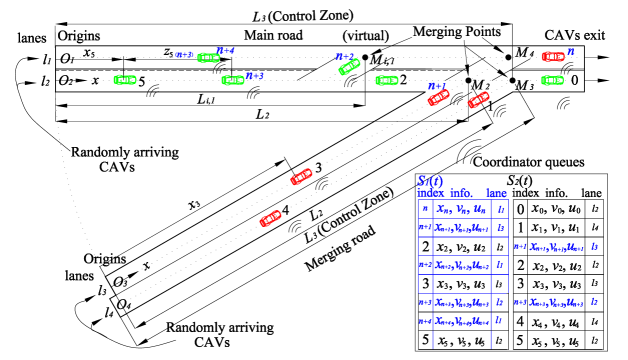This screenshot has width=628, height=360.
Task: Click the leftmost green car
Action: (125, 80)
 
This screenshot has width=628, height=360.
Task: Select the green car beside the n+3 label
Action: (233, 80)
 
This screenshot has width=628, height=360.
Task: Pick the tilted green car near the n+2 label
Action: (349, 67)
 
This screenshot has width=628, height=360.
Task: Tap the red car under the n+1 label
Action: (438, 97)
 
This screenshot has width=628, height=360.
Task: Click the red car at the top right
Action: (553, 57)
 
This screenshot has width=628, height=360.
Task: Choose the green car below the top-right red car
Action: (552, 80)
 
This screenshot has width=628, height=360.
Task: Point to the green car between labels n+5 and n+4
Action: (208, 58)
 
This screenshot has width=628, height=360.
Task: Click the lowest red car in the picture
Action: (270, 218)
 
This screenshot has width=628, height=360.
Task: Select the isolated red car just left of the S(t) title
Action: (301, 177)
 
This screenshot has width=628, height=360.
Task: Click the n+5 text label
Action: (184, 54)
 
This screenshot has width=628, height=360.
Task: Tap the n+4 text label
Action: (225, 50)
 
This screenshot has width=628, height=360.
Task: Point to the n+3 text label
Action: (255, 75)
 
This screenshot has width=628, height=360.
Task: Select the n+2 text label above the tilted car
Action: (345, 56)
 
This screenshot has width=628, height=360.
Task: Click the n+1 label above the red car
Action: (437, 86)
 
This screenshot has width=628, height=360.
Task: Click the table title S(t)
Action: (430, 181)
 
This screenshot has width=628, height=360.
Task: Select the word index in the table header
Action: (430, 193)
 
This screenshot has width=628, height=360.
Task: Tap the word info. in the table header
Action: (460, 193)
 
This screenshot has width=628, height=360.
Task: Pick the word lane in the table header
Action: (497, 193)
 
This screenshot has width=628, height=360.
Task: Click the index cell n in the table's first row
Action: (425, 210)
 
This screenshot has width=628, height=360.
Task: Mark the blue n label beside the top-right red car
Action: (570, 52)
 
